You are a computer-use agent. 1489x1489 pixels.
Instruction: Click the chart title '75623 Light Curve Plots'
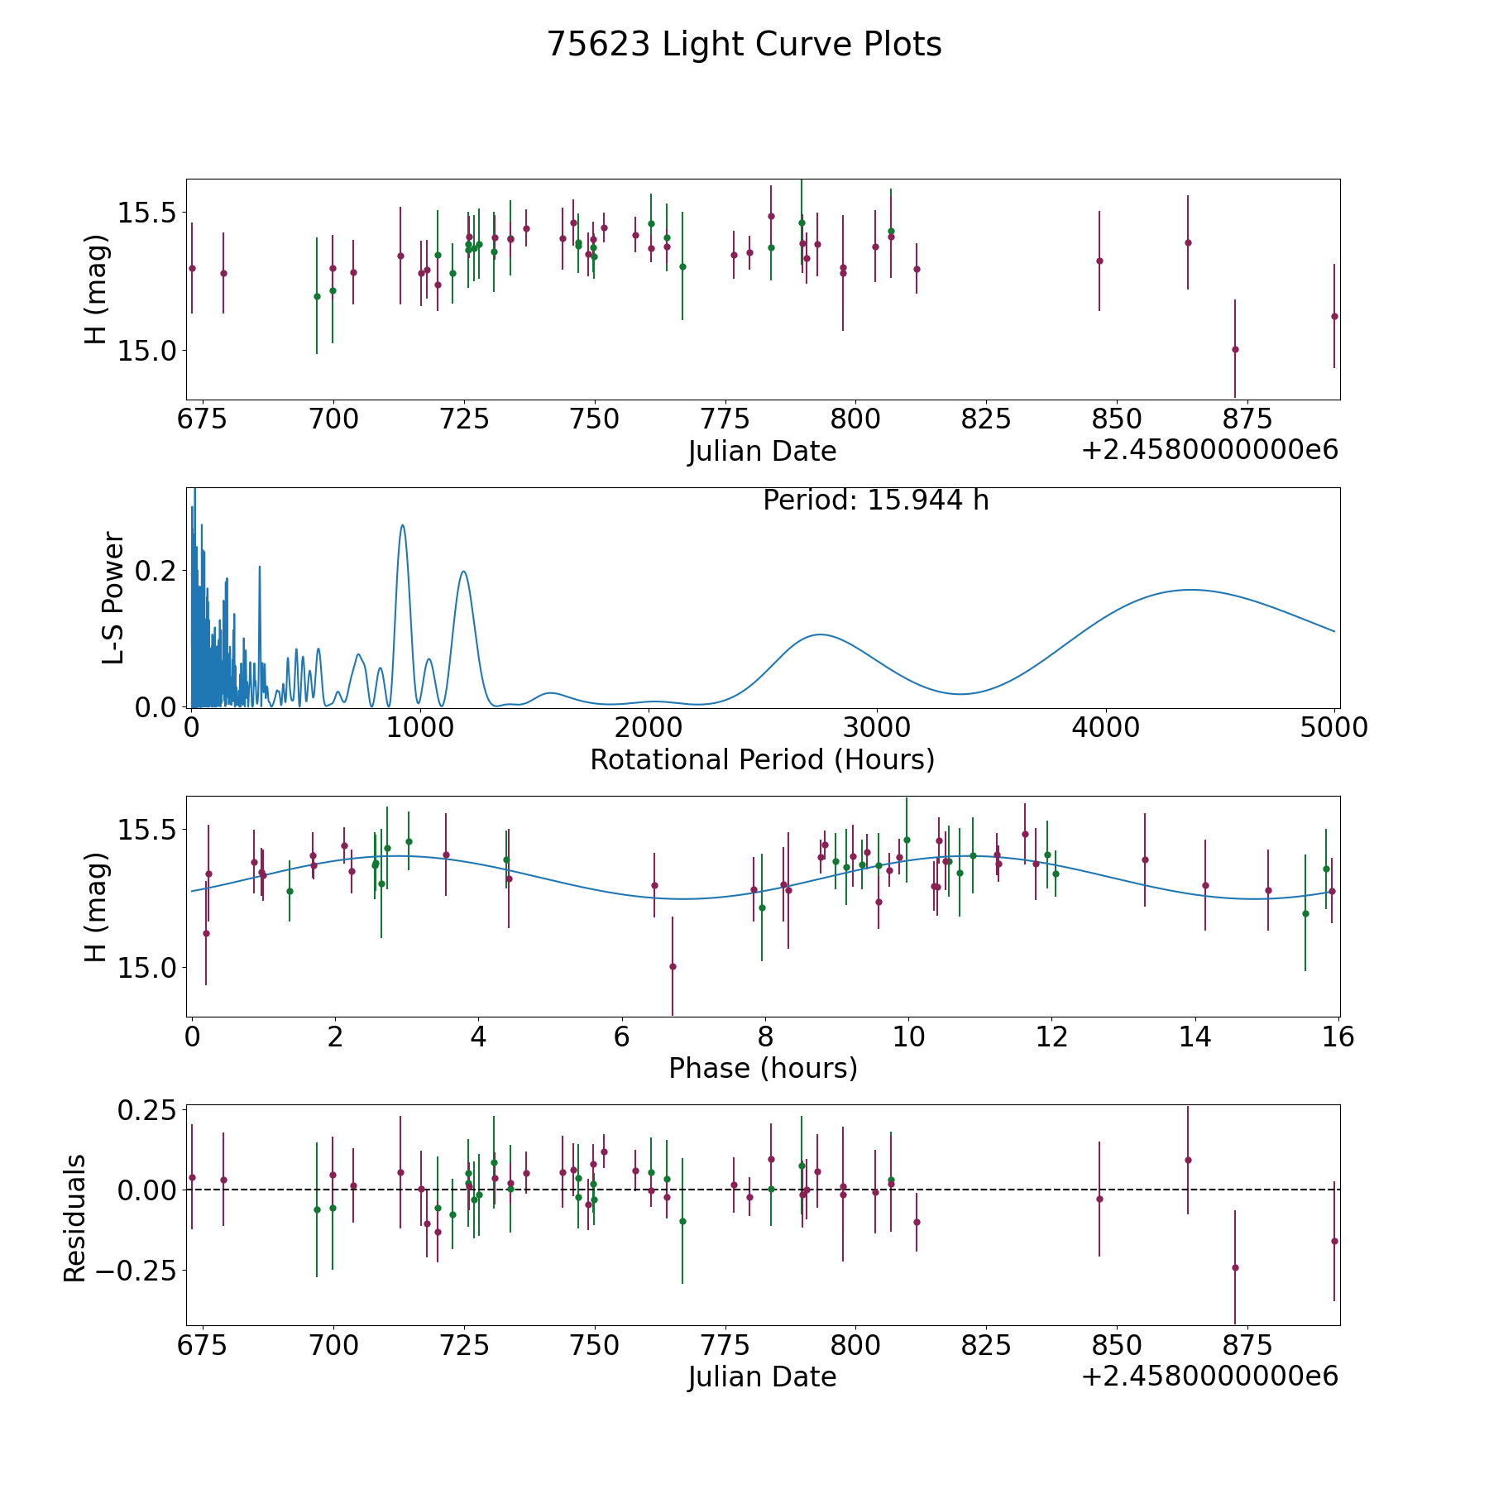coord(744,45)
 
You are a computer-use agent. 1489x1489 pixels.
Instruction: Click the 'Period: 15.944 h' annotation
coord(876,500)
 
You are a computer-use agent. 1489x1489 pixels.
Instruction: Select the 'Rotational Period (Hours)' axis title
coord(763,759)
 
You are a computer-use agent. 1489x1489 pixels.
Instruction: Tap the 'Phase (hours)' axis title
coord(763,1068)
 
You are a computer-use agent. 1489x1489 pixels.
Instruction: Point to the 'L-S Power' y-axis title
coord(113,598)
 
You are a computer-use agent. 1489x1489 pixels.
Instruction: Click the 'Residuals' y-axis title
coord(75,1218)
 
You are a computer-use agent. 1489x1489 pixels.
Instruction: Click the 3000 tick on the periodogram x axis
coord(877,727)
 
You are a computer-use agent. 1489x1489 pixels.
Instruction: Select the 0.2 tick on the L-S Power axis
coord(160,571)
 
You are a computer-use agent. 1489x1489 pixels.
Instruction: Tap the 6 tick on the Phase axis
coord(622,1037)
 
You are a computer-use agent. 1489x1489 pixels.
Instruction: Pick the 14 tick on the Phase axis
coord(1195,1037)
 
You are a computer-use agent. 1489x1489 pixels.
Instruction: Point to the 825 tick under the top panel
coord(986,419)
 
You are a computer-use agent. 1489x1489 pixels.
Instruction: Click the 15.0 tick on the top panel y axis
coord(147,351)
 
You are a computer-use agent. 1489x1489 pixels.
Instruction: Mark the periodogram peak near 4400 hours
coord(1190,590)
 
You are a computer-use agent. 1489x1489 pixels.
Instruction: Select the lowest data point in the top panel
coord(1235,349)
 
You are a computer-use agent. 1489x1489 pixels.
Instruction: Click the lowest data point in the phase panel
coord(673,966)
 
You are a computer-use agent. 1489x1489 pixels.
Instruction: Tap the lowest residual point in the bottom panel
coord(1235,1267)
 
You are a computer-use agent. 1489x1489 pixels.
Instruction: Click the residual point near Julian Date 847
coord(1099,1199)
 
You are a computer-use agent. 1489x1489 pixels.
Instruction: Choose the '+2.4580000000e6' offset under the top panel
coord(1210,450)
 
